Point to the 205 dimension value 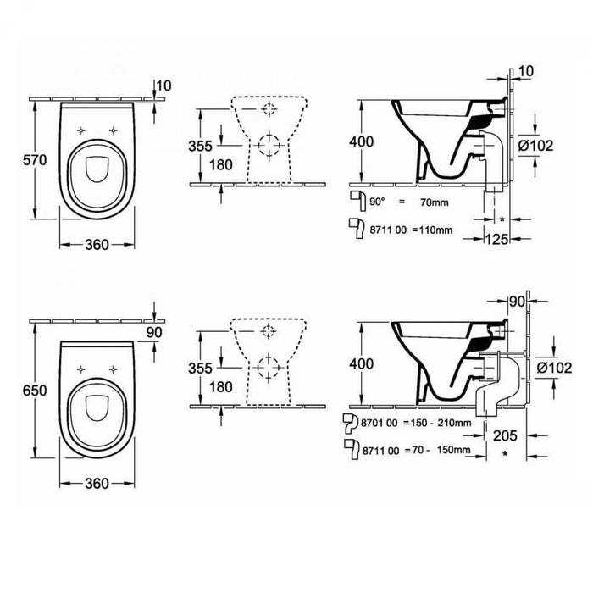[x=505, y=435]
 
